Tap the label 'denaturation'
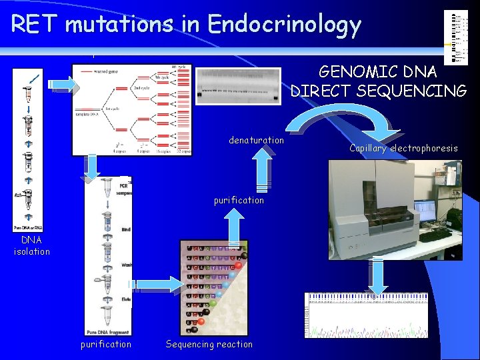(x=256, y=140)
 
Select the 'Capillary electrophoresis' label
(x=403, y=148)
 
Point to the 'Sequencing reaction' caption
(x=209, y=344)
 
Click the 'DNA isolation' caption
(x=31, y=245)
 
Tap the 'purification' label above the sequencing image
(x=239, y=200)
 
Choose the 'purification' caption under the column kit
(x=106, y=344)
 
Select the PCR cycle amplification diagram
(x=132, y=109)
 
